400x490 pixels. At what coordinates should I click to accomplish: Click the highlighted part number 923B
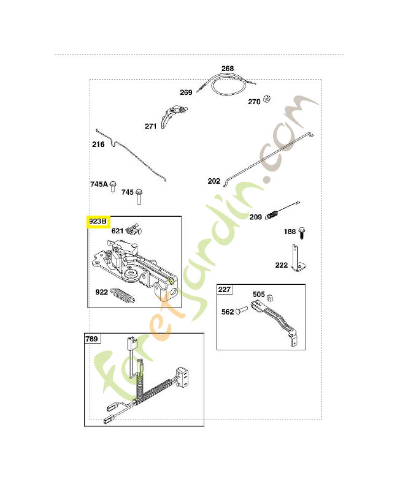[98, 222]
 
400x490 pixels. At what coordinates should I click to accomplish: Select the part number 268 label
[228, 69]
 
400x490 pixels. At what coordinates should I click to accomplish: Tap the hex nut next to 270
[267, 99]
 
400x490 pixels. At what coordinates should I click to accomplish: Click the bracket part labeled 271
[172, 116]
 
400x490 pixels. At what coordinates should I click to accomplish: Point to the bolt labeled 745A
[113, 186]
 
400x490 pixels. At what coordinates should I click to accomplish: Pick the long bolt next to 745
[139, 197]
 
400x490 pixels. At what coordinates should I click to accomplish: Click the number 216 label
[98, 145]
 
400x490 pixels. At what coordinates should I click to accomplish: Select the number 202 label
[214, 181]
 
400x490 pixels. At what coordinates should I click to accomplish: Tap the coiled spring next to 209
[272, 215]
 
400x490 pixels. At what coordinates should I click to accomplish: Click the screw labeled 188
[302, 233]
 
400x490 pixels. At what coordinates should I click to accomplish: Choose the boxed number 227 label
[225, 290]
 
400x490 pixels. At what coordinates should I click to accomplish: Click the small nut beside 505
[271, 297]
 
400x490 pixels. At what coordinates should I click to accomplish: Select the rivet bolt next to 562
[241, 310]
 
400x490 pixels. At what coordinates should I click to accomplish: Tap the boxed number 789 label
[91, 339]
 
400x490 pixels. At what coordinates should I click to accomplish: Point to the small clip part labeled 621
[134, 230]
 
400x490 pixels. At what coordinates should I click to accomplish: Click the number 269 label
[186, 92]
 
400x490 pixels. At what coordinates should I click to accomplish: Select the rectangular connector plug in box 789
[182, 377]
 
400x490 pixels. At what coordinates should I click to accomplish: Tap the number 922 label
[102, 292]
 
